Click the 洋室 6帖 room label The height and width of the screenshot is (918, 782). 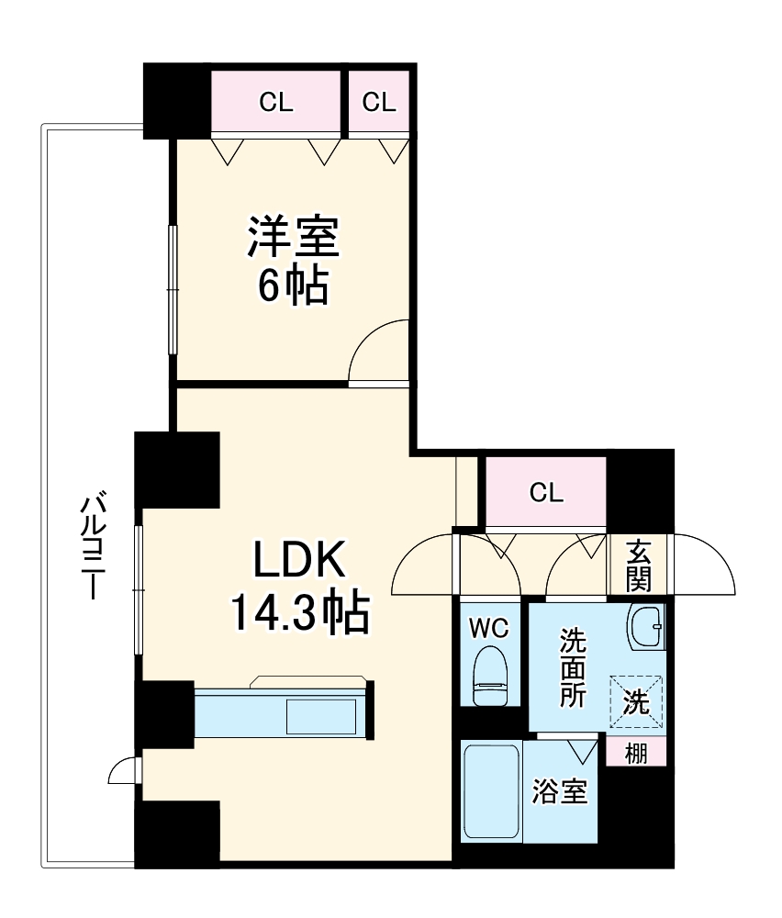pyautogui.click(x=292, y=261)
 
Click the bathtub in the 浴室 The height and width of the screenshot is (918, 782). pyautogui.click(x=492, y=790)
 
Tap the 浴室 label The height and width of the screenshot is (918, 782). pyautogui.click(x=560, y=790)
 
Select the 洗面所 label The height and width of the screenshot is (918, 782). pyautogui.click(x=573, y=666)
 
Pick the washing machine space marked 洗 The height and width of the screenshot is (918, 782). pyautogui.click(x=637, y=703)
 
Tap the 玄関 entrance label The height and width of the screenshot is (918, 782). pyautogui.click(x=640, y=565)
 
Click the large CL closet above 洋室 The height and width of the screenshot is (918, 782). pyautogui.click(x=275, y=103)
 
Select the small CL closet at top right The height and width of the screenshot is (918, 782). pyautogui.click(x=378, y=103)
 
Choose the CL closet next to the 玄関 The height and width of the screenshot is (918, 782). pyautogui.click(x=546, y=493)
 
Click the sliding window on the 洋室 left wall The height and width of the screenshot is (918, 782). pyautogui.click(x=172, y=288)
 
